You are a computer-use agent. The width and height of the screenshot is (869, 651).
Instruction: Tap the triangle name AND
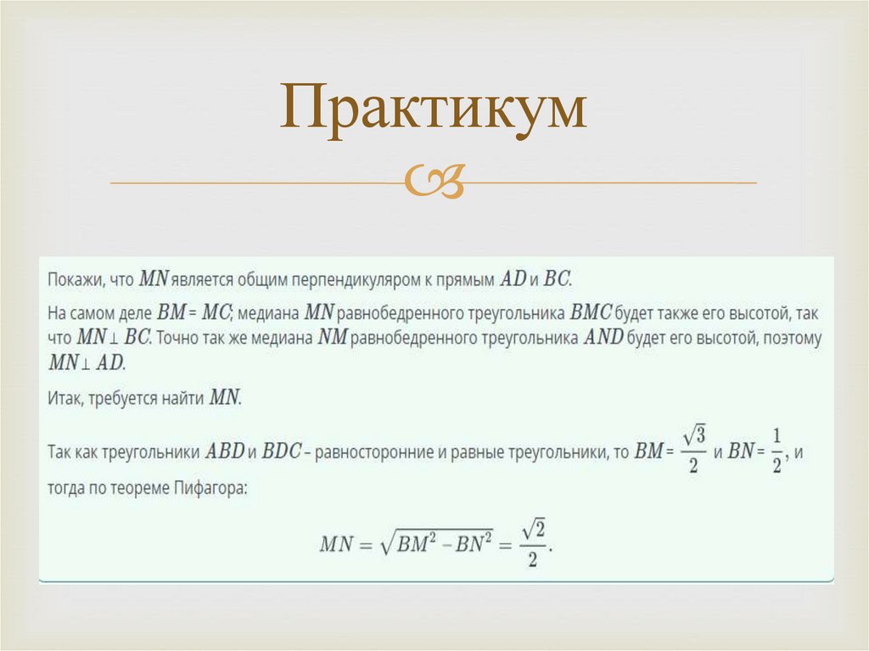(603, 337)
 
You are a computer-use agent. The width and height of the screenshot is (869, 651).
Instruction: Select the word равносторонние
(375, 451)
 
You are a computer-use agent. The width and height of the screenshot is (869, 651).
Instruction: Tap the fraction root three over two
(693, 451)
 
